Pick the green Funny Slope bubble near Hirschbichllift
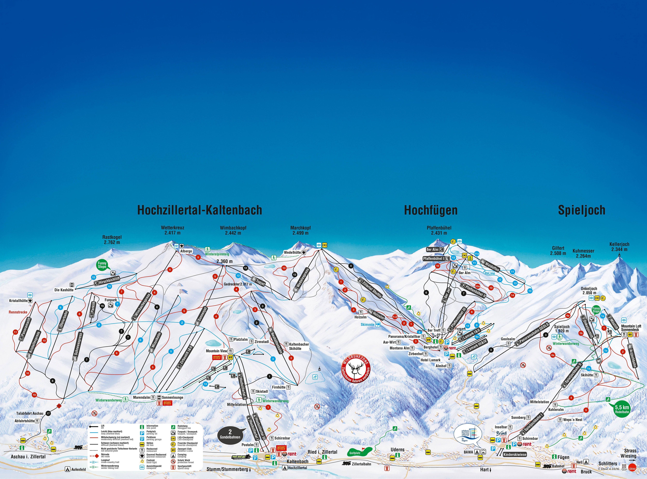(102, 265)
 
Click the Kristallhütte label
(18, 301)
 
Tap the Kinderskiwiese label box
(515, 454)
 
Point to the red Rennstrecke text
(18, 312)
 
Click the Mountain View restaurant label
(217, 351)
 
